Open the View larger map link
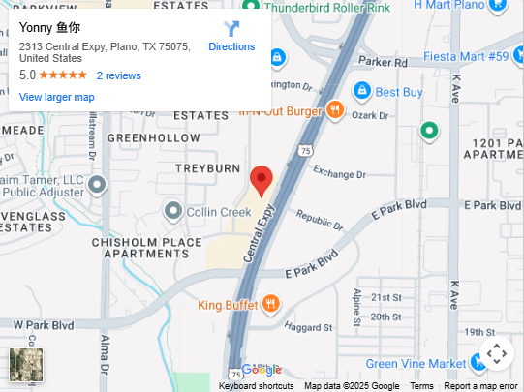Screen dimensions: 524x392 click(57, 97)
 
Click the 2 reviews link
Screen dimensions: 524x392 click(118, 75)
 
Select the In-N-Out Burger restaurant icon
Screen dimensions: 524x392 click(334, 109)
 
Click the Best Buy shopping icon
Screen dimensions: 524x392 click(362, 91)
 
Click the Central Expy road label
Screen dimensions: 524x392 click(261, 232)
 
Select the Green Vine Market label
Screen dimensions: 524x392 click(416, 364)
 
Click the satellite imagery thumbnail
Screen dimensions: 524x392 click(26, 365)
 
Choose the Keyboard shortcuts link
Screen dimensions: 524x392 click(256, 386)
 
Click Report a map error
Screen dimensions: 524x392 click(480, 386)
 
